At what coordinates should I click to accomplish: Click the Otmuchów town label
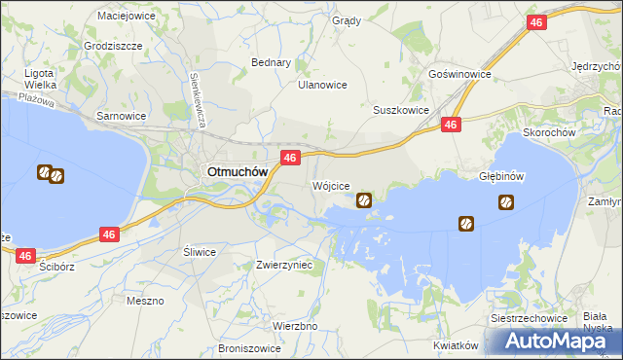pyautogui.click(x=238, y=171)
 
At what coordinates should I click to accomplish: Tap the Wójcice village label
pyautogui.click(x=330, y=185)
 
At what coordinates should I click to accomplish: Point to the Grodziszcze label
pyautogui.click(x=113, y=46)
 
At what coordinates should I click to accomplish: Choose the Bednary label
pyautogui.click(x=272, y=62)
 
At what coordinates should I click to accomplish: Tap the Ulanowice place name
pyautogui.click(x=322, y=85)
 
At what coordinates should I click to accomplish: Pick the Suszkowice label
pyautogui.click(x=401, y=110)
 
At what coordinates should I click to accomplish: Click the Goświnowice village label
pyautogui.click(x=459, y=74)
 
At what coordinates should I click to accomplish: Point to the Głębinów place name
pyautogui.click(x=502, y=177)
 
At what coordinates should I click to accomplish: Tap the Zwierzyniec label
pyautogui.click(x=283, y=264)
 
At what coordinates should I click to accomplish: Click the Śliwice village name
pyautogui.click(x=200, y=251)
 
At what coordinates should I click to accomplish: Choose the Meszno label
pyautogui.click(x=145, y=301)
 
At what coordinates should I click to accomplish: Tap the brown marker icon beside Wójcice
pyautogui.click(x=363, y=201)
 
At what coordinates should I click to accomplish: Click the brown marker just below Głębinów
pyautogui.click(x=506, y=202)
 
